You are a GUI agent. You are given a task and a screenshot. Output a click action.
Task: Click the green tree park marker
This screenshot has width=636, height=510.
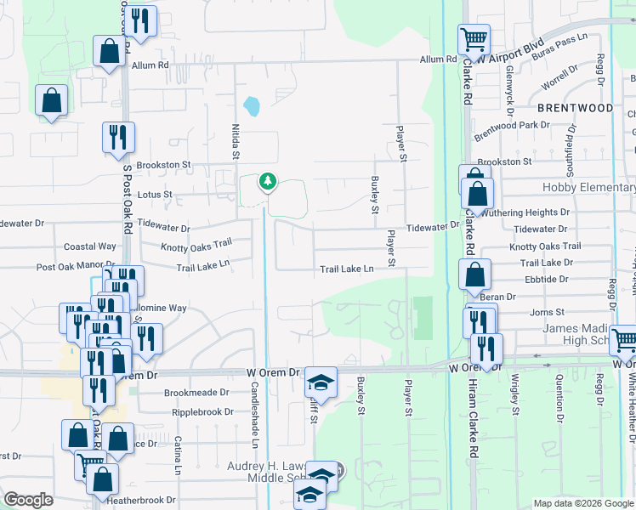[x=268, y=182]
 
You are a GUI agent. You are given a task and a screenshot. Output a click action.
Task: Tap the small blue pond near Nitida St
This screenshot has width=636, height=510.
[x=252, y=107]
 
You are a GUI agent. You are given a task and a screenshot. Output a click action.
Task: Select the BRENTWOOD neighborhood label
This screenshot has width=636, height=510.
[x=575, y=108]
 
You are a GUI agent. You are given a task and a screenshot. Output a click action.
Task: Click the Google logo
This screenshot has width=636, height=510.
[x=28, y=500]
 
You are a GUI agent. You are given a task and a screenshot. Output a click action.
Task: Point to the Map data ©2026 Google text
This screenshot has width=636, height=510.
[x=582, y=503]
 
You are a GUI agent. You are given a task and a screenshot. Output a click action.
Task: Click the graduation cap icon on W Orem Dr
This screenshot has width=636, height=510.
[x=321, y=382]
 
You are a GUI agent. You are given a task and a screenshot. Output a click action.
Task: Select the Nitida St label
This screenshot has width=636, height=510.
[x=236, y=141]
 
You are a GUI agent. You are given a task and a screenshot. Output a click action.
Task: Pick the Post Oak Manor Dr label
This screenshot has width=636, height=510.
[x=75, y=266]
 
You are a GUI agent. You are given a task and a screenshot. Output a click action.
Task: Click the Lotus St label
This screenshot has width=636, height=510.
[x=155, y=195]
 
